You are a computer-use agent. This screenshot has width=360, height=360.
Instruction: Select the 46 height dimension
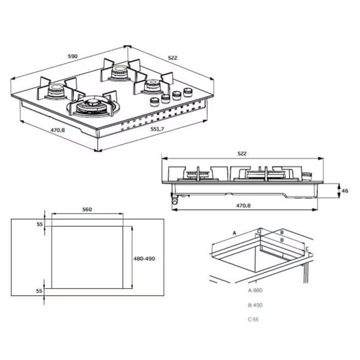coord(345,190)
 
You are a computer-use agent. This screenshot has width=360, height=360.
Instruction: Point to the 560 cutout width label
coord(87,209)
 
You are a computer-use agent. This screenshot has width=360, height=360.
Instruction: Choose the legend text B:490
coord(256,305)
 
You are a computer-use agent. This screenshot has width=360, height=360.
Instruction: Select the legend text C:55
coord(254,319)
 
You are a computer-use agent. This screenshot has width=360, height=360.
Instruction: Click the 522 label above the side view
coord(242,153)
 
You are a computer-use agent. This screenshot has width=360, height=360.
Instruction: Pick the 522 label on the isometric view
coord(172,58)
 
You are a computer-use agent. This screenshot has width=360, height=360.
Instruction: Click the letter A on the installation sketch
coord(234,233)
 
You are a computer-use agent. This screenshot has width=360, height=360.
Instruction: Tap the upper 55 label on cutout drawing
coord(39,225)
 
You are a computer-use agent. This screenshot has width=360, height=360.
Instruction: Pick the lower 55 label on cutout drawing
coord(39,291)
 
